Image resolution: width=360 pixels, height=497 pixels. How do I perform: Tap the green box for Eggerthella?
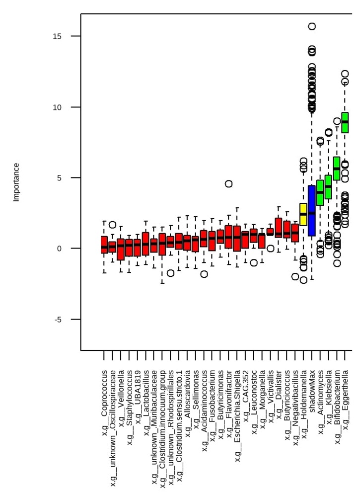[345, 122]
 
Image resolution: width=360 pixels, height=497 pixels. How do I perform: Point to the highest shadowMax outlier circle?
[312, 26]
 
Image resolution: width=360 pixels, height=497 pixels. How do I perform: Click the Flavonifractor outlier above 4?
[228, 184]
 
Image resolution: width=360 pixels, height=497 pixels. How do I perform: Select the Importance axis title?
[16, 182]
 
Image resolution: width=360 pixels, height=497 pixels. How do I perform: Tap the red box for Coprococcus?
[104, 245]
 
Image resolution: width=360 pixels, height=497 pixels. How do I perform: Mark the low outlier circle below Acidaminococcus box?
[204, 274]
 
